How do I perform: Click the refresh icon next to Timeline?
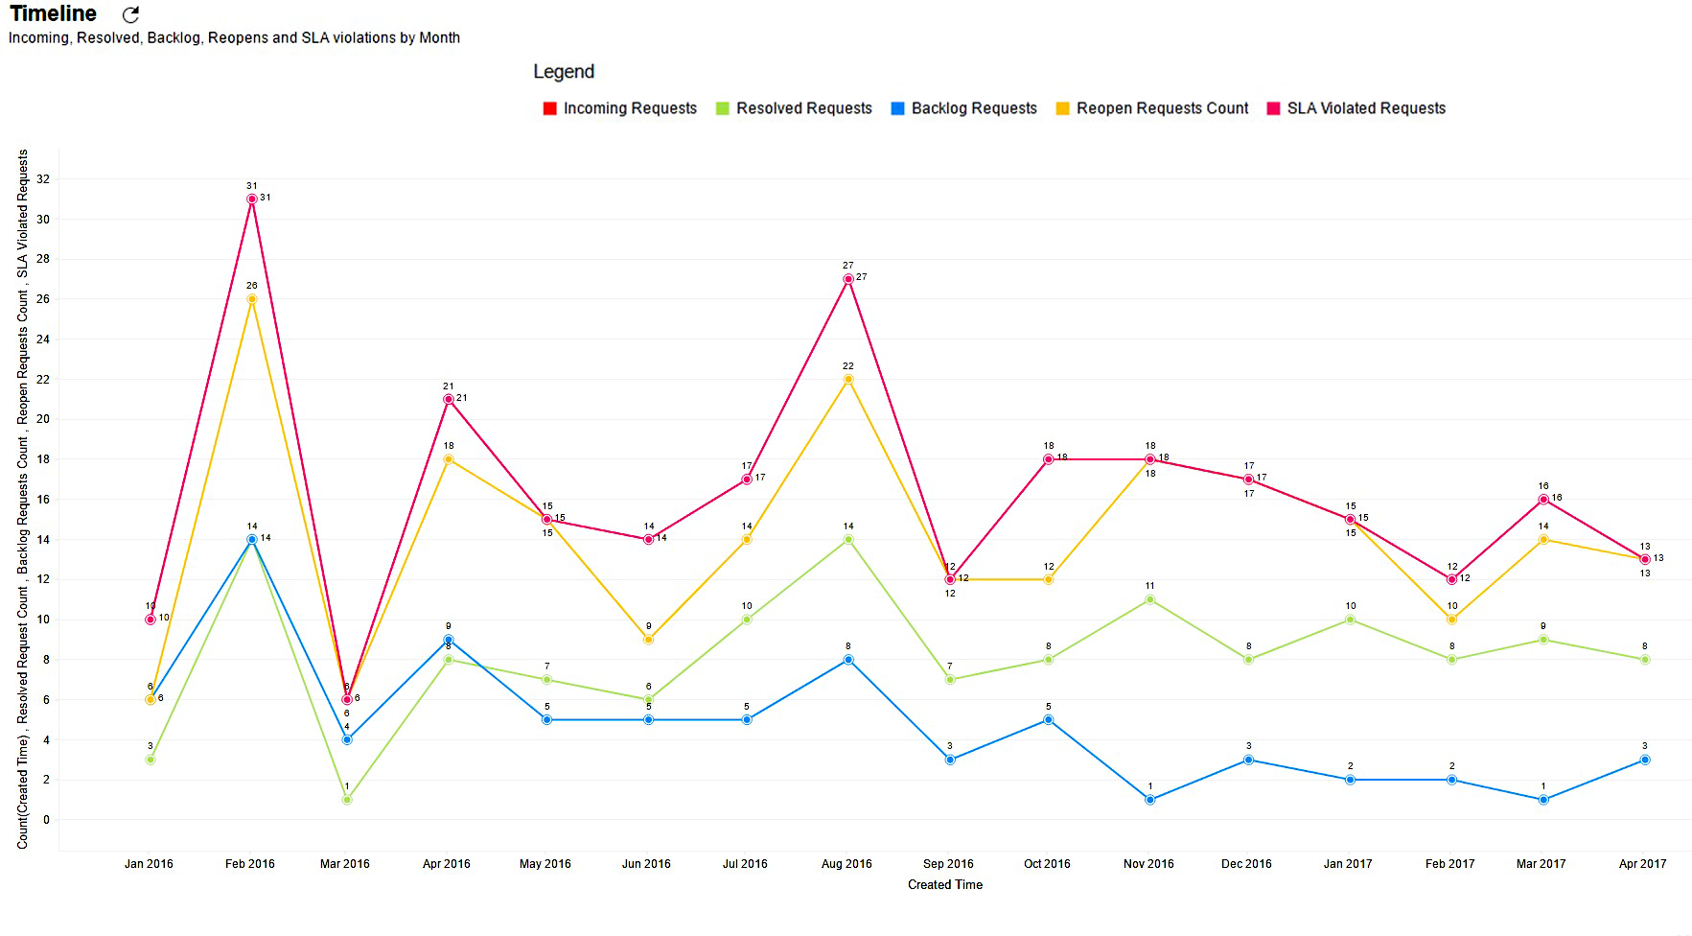(131, 14)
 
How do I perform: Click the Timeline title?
(54, 13)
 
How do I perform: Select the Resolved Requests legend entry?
(794, 108)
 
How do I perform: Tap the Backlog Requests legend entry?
(964, 108)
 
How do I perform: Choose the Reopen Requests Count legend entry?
(1152, 108)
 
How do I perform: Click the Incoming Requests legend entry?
(620, 108)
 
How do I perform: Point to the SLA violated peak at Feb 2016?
(252, 199)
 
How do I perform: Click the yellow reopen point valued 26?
(252, 299)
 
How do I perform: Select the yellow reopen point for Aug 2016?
(848, 380)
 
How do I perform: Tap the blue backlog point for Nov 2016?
(1150, 800)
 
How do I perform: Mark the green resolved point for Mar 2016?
(347, 800)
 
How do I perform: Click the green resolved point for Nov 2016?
(1150, 599)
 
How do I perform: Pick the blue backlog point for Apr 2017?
(1645, 760)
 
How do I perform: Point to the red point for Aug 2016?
(848, 279)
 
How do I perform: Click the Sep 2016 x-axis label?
(948, 864)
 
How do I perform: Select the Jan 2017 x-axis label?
(1348, 864)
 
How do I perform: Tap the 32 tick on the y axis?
(43, 179)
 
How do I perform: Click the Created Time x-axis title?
(945, 885)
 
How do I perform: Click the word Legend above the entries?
(564, 72)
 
